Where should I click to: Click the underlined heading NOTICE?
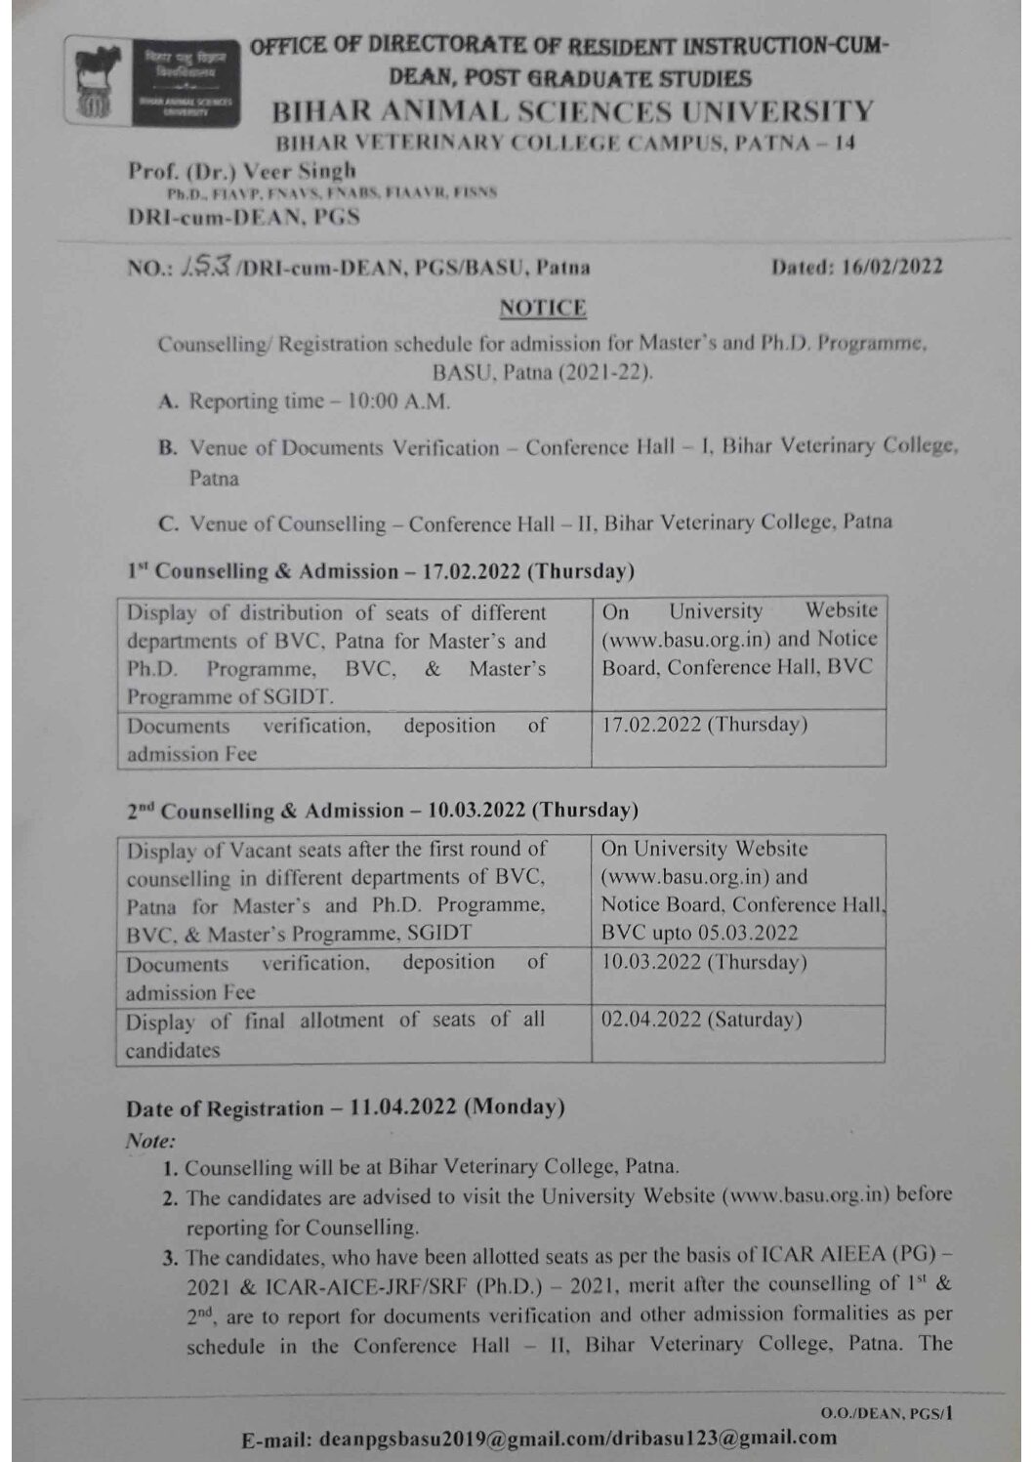[543, 309]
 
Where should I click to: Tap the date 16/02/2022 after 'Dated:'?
[891, 267]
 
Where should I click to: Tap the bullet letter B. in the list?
[168, 448]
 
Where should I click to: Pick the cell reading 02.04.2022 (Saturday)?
[701, 1020]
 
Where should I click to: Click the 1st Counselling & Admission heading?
[381, 571]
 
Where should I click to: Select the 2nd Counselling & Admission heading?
[382, 811]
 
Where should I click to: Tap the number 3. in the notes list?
[170, 1257]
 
